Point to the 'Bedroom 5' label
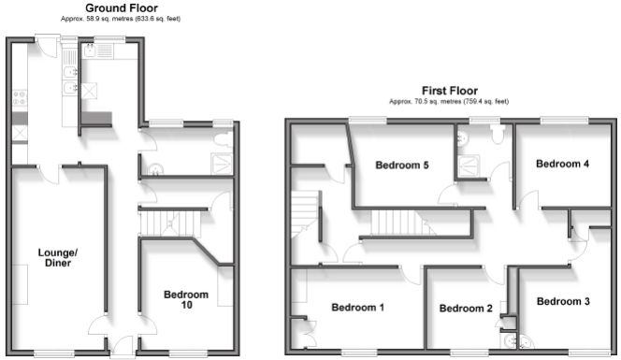pos(401,166)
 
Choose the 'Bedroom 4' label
pos(562,164)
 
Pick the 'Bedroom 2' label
pos(465,309)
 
